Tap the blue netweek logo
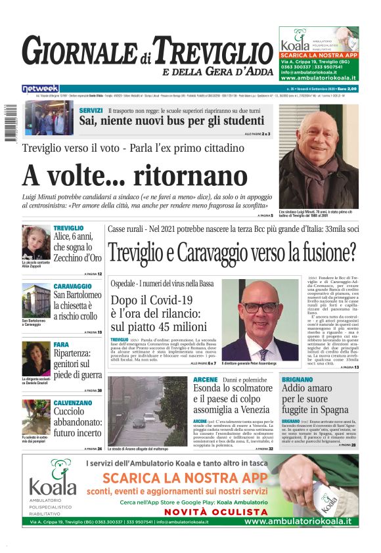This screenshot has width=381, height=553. point(40,88)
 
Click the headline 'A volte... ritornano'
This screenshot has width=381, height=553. point(135,176)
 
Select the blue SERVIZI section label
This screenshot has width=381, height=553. point(91,110)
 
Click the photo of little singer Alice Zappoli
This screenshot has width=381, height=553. point(35,242)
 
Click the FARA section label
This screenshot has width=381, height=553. point(60,344)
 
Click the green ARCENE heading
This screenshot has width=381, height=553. point(206,380)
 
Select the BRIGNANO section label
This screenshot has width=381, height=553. point(302,380)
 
